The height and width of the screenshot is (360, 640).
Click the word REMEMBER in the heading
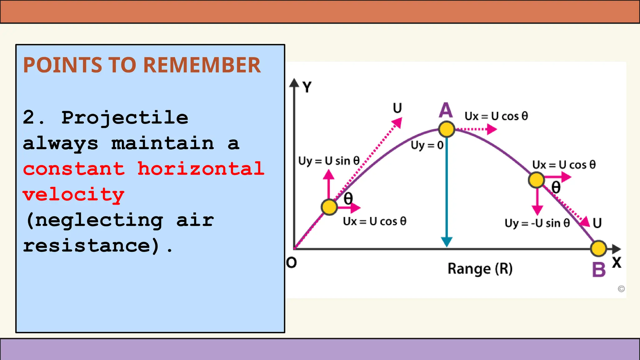202,65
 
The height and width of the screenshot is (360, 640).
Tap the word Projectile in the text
125,118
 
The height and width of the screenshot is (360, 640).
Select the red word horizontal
201,169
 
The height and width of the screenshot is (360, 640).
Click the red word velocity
74,195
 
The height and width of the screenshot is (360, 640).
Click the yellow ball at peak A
446,129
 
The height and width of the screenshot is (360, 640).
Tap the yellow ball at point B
598,248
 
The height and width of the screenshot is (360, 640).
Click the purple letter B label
598,270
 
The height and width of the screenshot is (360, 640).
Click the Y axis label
307,87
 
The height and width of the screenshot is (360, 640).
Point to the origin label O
291,263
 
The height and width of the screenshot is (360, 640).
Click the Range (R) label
480,269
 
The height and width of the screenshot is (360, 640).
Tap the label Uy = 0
427,145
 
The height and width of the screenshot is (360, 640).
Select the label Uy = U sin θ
329,161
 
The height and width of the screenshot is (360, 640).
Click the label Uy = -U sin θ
537,223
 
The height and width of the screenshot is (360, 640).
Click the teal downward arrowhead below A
447,242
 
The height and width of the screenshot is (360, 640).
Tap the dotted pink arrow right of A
477,129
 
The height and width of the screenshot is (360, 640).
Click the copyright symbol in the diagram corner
621,289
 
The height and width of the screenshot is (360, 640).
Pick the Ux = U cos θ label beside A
496,116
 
